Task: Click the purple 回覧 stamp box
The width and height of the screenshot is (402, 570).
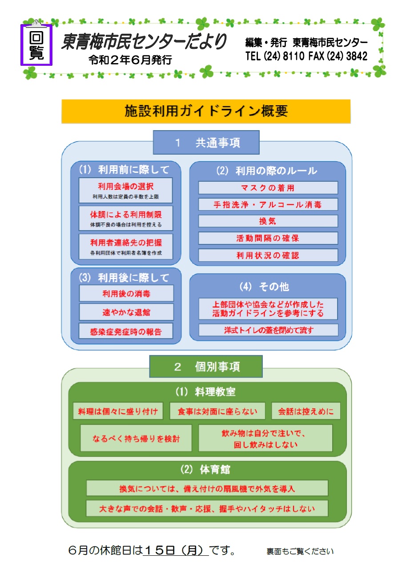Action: pos(36,45)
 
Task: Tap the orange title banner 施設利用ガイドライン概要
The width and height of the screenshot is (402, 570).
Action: pos(206,111)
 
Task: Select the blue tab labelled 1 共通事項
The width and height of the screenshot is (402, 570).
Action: pos(206,143)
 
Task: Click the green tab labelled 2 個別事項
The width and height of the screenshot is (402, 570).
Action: pos(206,367)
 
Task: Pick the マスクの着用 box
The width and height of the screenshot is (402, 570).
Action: pos(268,188)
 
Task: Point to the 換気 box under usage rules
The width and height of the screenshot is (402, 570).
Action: pos(268,221)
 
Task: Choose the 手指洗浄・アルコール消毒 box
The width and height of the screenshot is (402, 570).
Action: pos(268,204)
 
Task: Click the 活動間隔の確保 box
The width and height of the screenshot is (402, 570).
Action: pos(268,238)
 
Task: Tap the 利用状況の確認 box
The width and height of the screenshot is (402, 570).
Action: pos(268,255)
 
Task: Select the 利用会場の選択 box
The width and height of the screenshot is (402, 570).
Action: pos(125,190)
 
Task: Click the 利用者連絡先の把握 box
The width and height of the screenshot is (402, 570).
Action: pos(126,247)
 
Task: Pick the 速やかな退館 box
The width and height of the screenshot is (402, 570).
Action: pos(126,312)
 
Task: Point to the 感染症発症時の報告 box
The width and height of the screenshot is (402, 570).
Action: pos(126,331)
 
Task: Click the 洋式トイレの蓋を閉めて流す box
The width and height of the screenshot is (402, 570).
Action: pos(269,330)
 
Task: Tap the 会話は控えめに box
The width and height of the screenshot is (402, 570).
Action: pos(306,411)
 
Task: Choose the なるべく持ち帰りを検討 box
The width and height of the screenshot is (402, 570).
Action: pos(136,438)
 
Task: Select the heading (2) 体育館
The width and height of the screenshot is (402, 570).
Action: pos(205,470)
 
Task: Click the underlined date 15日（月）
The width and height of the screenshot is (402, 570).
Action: pos(175,550)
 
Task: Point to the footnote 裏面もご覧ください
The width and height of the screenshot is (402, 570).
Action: pos(300,551)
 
